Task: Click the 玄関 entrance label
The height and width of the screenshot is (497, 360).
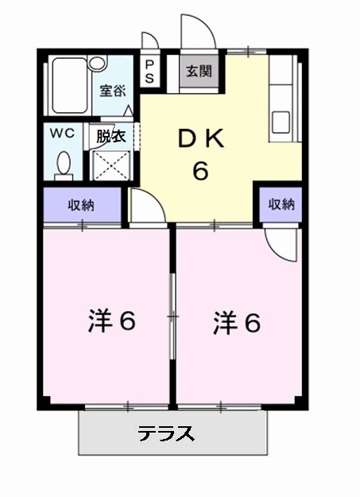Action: coord(199,72)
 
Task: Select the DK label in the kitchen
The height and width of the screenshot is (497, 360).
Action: coord(201,140)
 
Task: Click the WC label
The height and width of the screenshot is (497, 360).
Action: coord(64,134)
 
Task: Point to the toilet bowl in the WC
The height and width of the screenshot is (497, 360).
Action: coord(64,165)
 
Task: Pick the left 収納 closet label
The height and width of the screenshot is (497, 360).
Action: coord(81,205)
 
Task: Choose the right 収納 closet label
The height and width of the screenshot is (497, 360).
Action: coord(281,204)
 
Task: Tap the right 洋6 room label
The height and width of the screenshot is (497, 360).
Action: coord(237,321)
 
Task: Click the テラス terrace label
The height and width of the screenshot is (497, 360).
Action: coord(165,434)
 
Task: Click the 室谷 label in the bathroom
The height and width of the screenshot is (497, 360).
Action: coord(112,90)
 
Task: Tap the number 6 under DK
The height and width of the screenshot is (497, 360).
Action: coord(200,171)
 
